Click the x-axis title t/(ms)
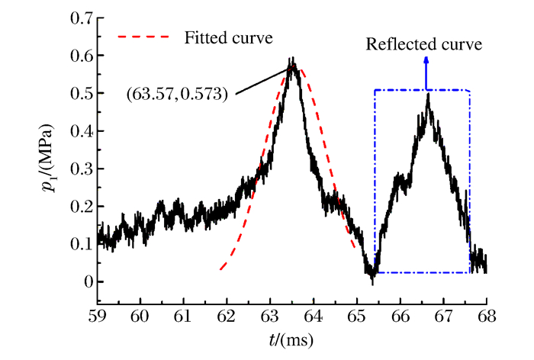tap(292, 338)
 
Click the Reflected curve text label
tap(424, 44)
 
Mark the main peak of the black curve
tap(291, 59)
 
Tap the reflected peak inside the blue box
tap(428, 94)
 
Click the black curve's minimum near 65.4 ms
tap(372, 283)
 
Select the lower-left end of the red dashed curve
tap(220, 269)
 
